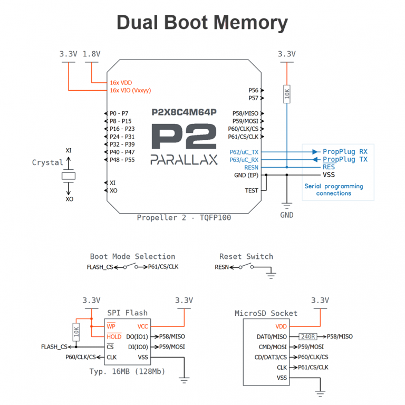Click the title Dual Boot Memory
click(202, 23)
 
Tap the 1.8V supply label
click(92, 54)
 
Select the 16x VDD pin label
click(121, 83)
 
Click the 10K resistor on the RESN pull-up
click(287, 93)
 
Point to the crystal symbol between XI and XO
click(68, 175)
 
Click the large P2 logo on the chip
click(184, 138)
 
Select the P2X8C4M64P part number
click(184, 112)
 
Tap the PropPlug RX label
click(345, 151)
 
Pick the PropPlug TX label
click(345, 159)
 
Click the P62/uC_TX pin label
click(244, 152)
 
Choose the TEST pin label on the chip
click(252, 190)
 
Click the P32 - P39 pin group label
click(122, 144)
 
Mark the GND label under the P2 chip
click(287, 215)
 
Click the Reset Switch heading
click(246, 256)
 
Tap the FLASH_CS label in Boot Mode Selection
click(100, 267)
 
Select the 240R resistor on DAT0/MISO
click(308, 336)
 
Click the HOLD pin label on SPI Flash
click(114, 336)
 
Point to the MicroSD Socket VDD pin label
click(281, 327)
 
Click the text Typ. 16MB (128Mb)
click(127, 371)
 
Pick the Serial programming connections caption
click(333, 189)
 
